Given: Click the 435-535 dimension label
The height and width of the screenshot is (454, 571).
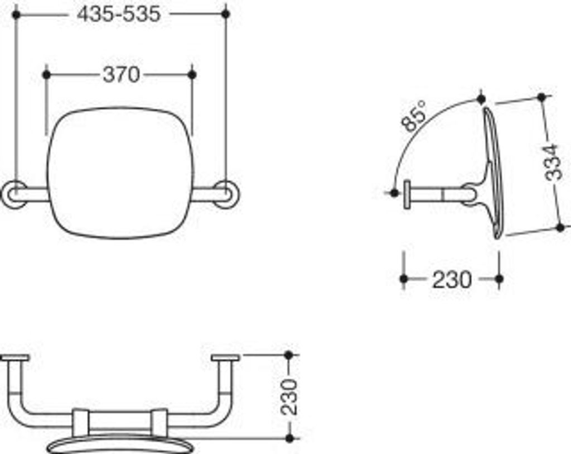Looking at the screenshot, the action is click(x=119, y=15).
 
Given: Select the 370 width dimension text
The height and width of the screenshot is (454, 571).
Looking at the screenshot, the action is click(x=121, y=75).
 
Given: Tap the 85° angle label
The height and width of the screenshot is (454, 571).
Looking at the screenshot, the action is click(x=414, y=116).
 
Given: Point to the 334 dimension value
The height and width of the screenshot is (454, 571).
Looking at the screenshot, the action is click(x=551, y=163).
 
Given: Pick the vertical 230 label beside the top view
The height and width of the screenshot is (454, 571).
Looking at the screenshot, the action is click(x=289, y=396).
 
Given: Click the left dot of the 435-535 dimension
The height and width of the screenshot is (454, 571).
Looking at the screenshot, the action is click(x=16, y=15).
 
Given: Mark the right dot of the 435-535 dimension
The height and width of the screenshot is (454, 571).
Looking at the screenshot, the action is click(x=226, y=14).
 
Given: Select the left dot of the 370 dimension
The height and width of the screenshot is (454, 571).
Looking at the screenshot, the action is click(x=46, y=75).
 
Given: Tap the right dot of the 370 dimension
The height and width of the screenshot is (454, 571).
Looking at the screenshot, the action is click(x=192, y=75).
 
